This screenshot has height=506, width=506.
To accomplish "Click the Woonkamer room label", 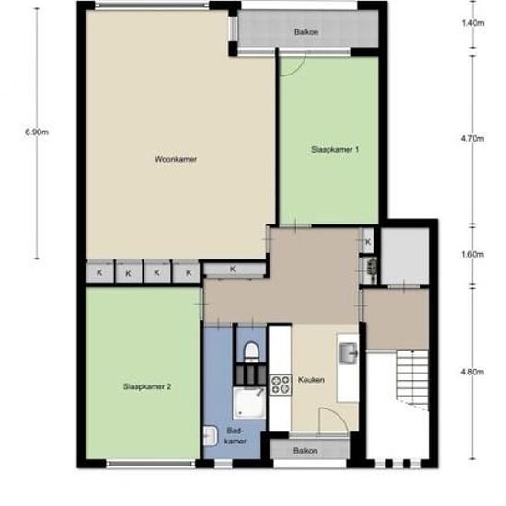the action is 176,159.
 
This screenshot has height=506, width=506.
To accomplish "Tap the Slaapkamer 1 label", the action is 335,149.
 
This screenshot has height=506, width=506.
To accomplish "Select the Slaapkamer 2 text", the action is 147,386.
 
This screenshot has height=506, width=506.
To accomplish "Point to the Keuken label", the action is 311,379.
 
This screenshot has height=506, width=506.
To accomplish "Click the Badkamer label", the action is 236,436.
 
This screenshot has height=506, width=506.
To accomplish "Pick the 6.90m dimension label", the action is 37,132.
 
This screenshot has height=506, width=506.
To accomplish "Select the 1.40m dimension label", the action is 473,23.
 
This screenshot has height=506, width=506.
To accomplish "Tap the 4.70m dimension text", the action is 472,138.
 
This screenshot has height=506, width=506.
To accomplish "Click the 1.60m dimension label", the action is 472,254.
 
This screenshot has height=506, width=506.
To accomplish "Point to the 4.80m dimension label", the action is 472,372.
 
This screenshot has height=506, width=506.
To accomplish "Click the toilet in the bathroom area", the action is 251,351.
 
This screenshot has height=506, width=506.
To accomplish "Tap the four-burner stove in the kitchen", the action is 280,385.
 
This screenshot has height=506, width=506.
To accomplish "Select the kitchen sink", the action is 349,353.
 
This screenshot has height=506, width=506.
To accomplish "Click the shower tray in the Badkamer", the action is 249,403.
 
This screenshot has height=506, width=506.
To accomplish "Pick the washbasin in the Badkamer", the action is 211,436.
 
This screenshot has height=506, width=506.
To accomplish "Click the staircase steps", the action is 412,380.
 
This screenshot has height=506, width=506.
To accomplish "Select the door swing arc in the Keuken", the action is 337,418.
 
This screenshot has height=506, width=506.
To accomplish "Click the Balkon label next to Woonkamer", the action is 306,32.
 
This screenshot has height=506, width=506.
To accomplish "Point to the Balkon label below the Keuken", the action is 305,451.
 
